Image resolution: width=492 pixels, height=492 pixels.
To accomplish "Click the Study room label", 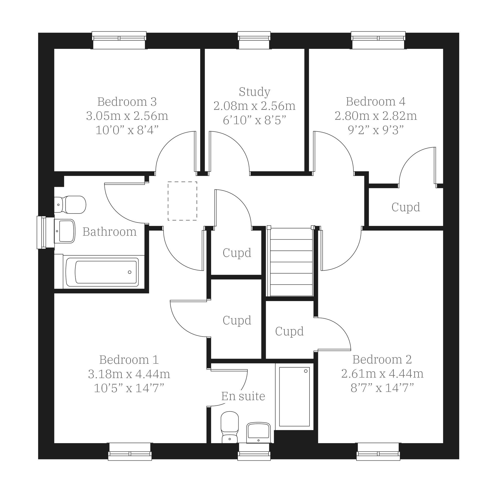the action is click(x=254, y=92).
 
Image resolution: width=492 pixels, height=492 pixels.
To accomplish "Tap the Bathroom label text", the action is click(x=110, y=232).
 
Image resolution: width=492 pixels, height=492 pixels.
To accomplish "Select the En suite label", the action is click(x=243, y=396).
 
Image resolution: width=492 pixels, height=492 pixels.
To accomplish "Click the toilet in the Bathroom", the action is click(x=70, y=205).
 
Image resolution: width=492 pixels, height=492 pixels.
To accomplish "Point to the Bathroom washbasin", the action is click(x=65, y=231).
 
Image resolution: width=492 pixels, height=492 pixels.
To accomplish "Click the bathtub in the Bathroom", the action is click(x=102, y=272).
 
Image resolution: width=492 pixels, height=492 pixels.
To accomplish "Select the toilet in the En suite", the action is click(x=229, y=427).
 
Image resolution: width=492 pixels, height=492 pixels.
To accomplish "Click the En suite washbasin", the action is click(x=259, y=433).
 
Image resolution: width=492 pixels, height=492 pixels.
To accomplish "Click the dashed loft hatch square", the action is click(x=182, y=201).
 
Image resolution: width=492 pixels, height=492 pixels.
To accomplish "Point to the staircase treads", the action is click(x=291, y=262).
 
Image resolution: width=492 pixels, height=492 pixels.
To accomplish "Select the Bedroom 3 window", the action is click(x=119, y=40).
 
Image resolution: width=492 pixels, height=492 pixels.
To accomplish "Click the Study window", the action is click(x=254, y=40).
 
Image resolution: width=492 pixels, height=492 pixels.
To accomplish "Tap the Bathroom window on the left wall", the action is click(x=45, y=232).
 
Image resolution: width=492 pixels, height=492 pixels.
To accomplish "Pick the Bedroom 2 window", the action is click(x=378, y=452).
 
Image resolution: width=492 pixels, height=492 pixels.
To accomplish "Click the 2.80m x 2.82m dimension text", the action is click(x=376, y=116).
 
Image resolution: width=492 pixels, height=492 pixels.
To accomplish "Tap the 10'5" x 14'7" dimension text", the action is click(x=129, y=388).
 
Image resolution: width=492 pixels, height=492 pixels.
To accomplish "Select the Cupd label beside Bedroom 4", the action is click(x=406, y=207).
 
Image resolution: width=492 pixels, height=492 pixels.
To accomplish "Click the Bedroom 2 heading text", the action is click(x=382, y=360).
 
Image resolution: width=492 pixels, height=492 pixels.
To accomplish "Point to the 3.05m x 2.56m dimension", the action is click(x=127, y=116).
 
